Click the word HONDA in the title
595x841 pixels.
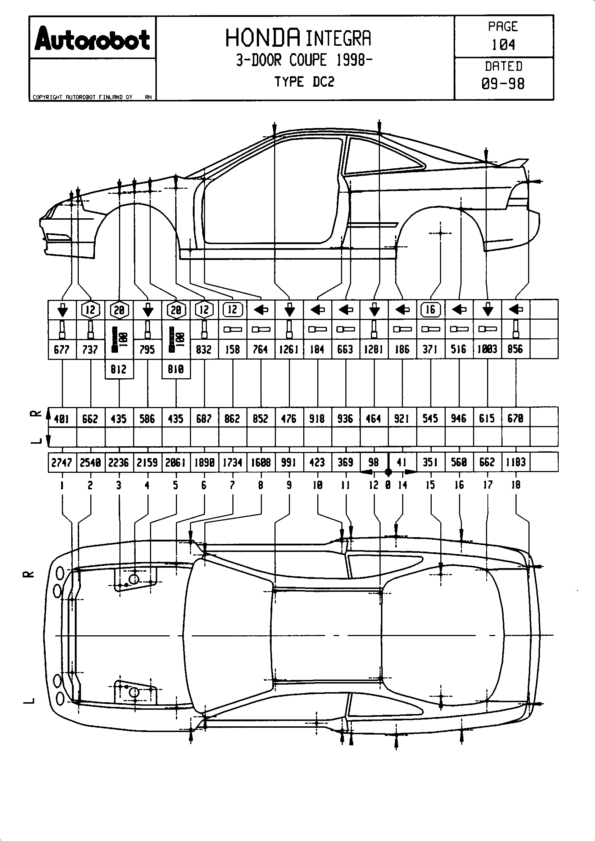(x=263, y=38)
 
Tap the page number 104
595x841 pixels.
(x=503, y=45)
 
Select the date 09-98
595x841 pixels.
(x=503, y=84)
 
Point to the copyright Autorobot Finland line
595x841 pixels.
(x=82, y=97)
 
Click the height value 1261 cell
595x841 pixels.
(x=289, y=349)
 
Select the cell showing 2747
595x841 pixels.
(x=62, y=463)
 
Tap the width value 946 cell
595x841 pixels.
(x=459, y=418)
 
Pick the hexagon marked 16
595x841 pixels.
(x=431, y=310)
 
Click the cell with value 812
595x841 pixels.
(x=119, y=369)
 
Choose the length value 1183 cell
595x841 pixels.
(x=515, y=463)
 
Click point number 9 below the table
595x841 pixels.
(x=289, y=485)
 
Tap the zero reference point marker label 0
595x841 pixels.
(x=388, y=485)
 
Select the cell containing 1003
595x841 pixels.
(x=487, y=349)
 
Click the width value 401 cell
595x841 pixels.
(x=62, y=418)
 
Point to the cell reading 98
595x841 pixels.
(x=373, y=463)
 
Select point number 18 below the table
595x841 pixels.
(x=515, y=485)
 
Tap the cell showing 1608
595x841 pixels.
(x=260, y=463)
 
